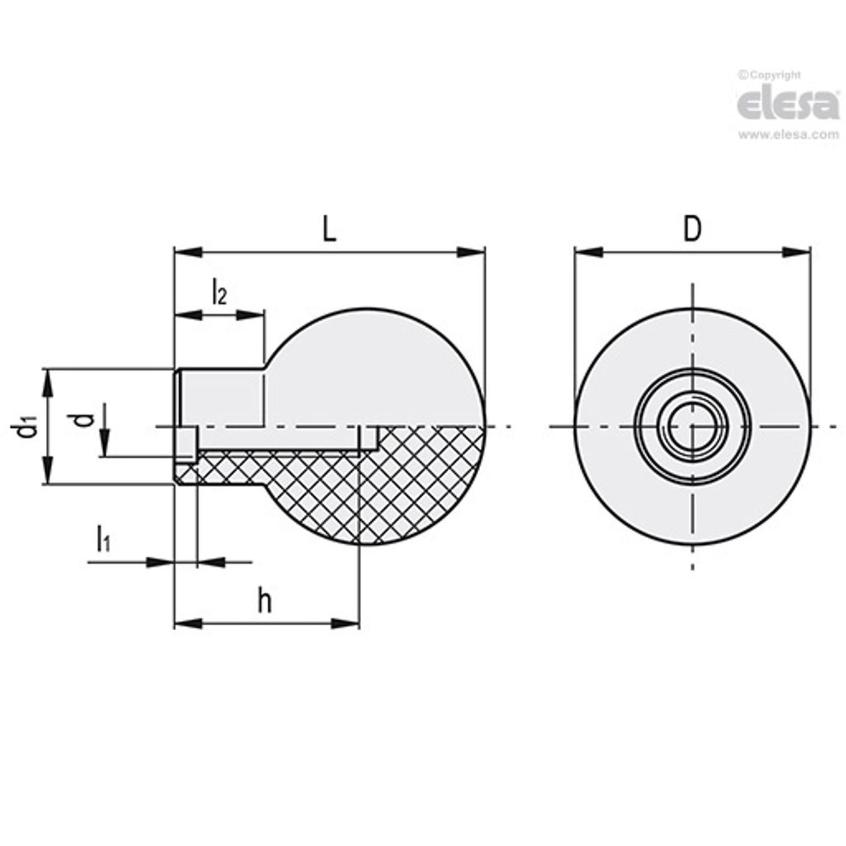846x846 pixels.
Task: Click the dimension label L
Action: [329, 230]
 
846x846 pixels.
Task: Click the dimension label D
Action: [691, 230]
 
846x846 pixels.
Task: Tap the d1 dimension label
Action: [26, 426]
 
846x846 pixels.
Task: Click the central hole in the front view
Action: [692, 426]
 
